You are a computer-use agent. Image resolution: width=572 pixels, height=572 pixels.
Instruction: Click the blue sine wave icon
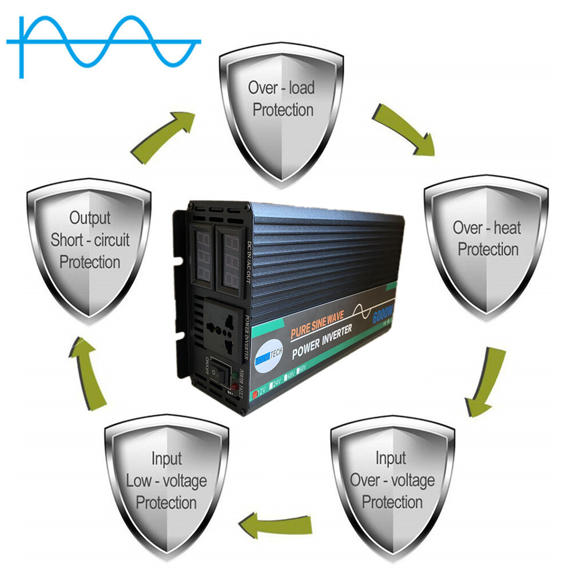103,43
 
